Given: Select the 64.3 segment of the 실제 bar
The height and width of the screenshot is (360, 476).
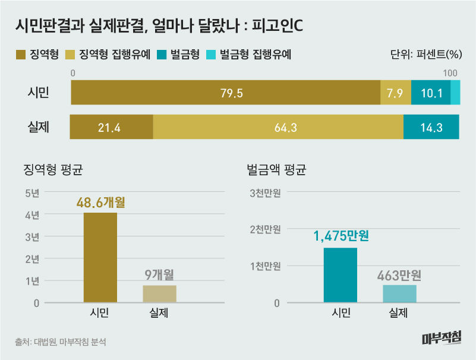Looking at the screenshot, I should (278, 127).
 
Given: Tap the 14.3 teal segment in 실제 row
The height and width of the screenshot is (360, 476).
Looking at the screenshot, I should (431, 127).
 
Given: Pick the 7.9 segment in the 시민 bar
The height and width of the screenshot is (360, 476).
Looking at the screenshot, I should (395, 93).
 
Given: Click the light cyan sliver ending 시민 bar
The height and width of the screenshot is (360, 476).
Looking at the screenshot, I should (455, 93).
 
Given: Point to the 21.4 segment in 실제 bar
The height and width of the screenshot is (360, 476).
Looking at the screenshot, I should (112, 127).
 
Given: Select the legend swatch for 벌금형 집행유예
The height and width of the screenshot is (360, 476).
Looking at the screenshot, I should (211, 55).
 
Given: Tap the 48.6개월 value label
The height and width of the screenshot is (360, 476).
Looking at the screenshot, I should (100, 203).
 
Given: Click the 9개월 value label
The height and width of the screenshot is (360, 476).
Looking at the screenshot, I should (159, 275).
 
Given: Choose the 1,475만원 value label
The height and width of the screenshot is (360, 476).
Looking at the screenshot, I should (341, 236).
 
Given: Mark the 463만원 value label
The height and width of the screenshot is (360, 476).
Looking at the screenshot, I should (399, 275).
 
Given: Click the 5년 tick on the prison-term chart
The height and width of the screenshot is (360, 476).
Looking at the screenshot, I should (32, 192).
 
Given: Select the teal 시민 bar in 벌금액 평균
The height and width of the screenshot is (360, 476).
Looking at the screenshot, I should (341, 275).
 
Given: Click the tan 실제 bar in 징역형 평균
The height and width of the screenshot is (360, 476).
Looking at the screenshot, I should (159, 293).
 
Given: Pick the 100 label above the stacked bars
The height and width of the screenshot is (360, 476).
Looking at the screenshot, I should (450, 72).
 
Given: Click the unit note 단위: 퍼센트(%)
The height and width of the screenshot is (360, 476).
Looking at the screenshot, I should (426, 55).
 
